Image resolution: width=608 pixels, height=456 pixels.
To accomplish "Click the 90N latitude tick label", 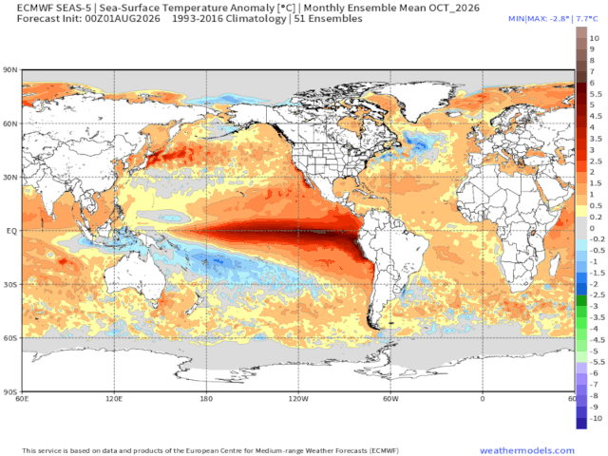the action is pyautogui.click(x=10, y=70).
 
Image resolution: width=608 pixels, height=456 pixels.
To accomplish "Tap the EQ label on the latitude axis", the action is pyautogui.click(x=12, y=231).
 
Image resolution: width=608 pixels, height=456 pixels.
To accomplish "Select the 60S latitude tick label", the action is pyautogui.click(x=10, y=338).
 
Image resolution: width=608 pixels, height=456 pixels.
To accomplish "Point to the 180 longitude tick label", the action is pyautogui.click(x=206, y=399).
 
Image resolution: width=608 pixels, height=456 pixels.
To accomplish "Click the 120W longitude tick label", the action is pyautogui.click(x=298, y=399).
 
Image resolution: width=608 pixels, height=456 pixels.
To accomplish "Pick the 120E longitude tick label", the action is pyautogui.click(x=114, y=399).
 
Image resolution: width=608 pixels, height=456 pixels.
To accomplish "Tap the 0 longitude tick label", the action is pyautogui.click(x=483, y=399).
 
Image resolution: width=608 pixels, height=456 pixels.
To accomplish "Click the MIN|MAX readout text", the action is pyautogui.click(x=553, y=19).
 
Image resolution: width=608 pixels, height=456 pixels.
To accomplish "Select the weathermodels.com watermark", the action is pyautogui.click(x=527, y=450).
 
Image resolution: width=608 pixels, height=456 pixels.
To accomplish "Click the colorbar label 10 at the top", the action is pyautogui.click(x=595, y=38).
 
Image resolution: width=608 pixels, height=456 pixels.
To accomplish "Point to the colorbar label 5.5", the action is pyautogui.click(x=596, y=94).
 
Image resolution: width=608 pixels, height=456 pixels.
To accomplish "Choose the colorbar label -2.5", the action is pyautogui.click(x=598, y=295).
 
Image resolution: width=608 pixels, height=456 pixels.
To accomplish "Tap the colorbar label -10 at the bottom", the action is pyautogui.click(x=596, y=418).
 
